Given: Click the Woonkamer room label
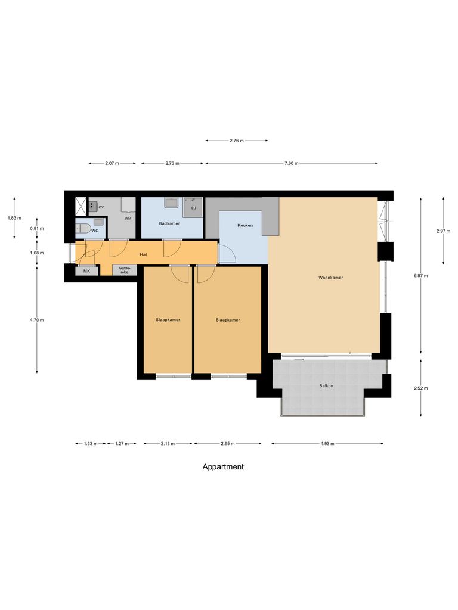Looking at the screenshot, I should [x=330, y=278].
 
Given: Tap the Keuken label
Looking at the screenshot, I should [x=245, y=226].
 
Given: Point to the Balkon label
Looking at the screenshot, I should [x=326, y=386].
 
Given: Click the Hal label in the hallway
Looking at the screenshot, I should [x=143, y=254].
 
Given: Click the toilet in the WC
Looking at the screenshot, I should [x=84, y=229].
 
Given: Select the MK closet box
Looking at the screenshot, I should [x=86, y=271].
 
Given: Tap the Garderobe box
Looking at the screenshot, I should [x=124, y=270].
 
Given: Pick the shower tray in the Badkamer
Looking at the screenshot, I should [x=193, y=207].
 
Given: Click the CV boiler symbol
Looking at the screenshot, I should [x=93, y=206].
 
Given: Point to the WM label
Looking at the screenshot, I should [x=128, y=219].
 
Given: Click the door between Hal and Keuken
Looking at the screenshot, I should [x=227, y=254].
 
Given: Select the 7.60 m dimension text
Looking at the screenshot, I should [x=291, y=163].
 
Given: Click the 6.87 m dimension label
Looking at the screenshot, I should [x=421, y=276].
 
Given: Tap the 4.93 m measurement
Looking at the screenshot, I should [x=327, y=444].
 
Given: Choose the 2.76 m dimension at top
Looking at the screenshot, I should [x=237, y=141].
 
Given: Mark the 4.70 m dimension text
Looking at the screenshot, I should [x=37, y=320].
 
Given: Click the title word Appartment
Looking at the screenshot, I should [x=223, y=467].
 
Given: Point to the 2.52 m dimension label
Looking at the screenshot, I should [x=421, y=388].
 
